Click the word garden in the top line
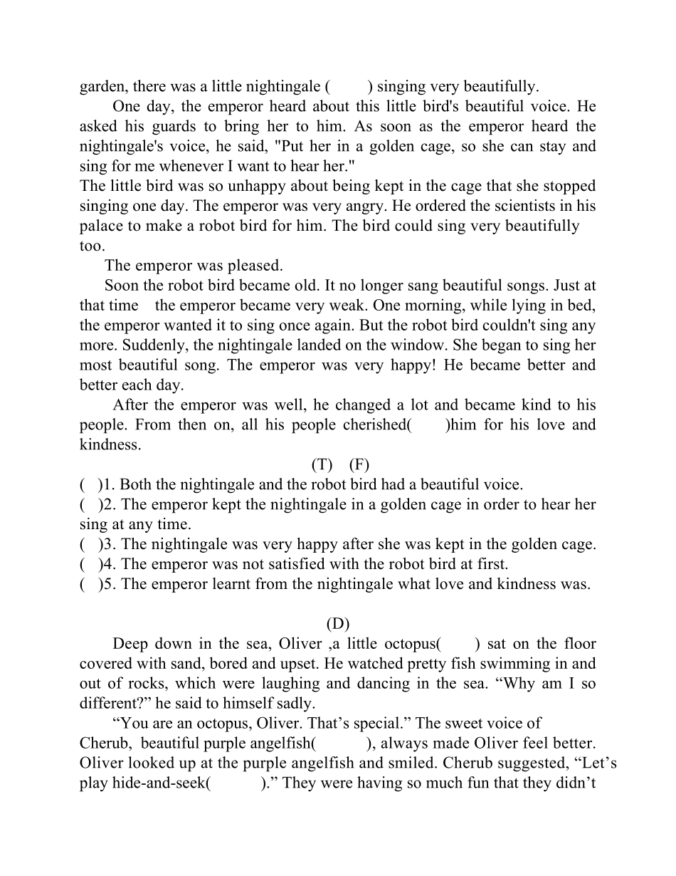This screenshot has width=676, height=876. pos(102,87)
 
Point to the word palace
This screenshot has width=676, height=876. pos(102,226)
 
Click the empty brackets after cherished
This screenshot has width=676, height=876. pos(429,425)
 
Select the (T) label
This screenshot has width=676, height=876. pos(322,465)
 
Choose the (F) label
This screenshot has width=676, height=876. pos(359,465)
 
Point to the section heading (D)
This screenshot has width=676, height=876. pos(338,624)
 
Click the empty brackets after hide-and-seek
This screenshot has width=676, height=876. pos(236,783)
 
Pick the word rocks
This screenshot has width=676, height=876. pos(148,684)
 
